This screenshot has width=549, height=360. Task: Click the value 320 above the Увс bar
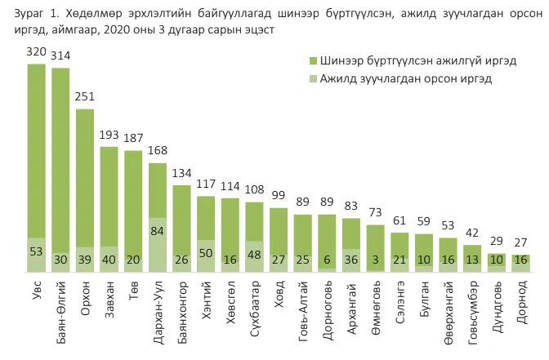pos(37,51)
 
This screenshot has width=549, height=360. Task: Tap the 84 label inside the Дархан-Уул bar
pos(157,231)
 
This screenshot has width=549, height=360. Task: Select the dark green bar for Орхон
pos(85,178)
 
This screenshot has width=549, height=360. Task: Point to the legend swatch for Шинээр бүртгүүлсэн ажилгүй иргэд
pos(313,60)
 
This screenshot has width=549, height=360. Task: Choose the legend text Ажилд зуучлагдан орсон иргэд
pos(406,78)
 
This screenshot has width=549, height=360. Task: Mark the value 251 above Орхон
pos(85,96)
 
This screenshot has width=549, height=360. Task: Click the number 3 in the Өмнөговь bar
pos(375,260)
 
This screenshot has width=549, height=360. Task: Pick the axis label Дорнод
pos(522,302)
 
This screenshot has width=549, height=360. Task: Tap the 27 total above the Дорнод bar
pos(521,242)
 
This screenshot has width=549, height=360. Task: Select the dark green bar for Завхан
pos(109,197)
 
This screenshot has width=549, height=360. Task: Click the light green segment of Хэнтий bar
pos(206,256)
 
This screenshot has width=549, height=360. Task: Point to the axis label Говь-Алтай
pos(303,311)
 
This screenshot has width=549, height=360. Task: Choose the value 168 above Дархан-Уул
pos(158,150)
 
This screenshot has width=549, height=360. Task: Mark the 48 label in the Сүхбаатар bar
pos(254,255)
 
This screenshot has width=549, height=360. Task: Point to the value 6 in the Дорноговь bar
pos(327,260)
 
